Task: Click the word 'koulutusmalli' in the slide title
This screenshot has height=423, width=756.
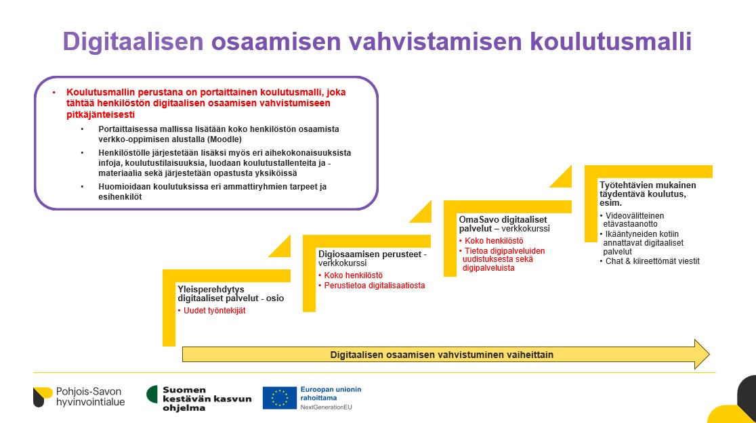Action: tap(610, 41)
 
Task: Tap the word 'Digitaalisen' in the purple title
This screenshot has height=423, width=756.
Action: tap(133, 42)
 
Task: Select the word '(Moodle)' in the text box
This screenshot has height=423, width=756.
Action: tap(225, 139)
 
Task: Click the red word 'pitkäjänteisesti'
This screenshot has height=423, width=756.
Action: tap(100, 114)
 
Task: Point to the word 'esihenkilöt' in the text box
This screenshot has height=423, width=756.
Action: tap(120, 196)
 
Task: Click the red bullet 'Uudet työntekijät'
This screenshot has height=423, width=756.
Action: tap(211, 311)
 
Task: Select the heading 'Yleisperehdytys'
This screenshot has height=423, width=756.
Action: tap(211, 290)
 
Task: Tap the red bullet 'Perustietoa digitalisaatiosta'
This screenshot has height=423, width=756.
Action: tap(372, 286)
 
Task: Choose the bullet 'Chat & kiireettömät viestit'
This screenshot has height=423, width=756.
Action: tap(650, 261)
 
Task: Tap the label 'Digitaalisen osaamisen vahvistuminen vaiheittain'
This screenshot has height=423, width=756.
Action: tap(442, 355)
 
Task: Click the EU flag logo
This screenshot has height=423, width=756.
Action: tap(280, 398)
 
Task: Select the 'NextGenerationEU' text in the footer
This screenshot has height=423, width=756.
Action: tap(327, 407)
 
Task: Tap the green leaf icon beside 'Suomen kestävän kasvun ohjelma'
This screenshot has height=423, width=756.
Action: tap(152, 394)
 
